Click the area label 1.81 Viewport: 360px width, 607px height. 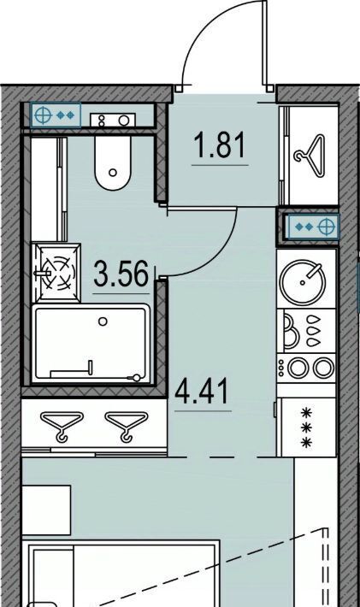click(221, 144)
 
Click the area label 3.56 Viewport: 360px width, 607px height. click(121, 274)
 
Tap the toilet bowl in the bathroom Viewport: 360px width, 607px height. click(112, 163)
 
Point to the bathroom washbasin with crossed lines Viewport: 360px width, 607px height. click(56, 272)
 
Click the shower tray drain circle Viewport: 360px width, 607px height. click(103, 321)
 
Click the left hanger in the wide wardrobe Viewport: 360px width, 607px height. click(62, 426)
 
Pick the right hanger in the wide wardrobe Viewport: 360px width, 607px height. click(127, 426)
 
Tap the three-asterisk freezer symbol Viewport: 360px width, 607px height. click(307, 428)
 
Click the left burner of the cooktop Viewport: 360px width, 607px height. click(298, 368)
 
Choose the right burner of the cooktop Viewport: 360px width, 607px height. click(323, 368)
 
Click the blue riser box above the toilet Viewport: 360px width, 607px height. click(56, 115)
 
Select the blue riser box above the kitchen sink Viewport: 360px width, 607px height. click(311, 226)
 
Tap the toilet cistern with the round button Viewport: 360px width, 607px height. click(113, 120)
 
